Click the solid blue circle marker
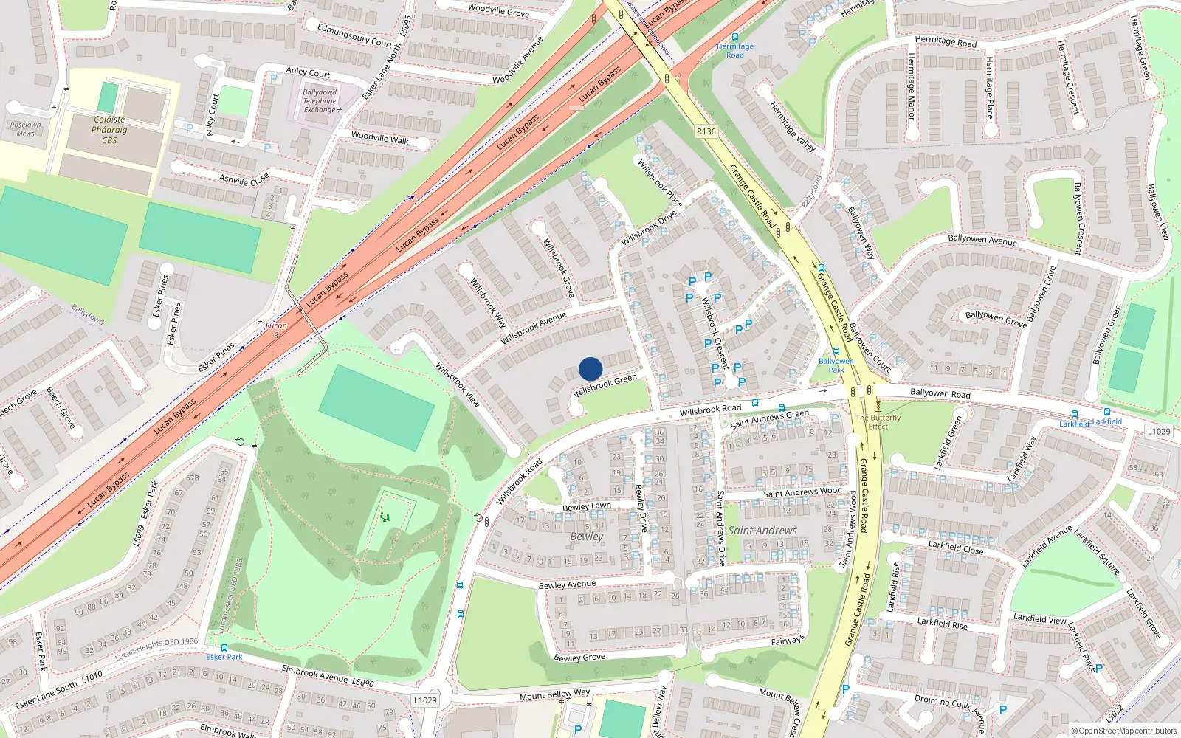(x=590, y=368)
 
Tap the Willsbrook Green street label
(x=605, y=385)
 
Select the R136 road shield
(x=706, y=131)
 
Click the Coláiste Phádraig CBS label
(x=109, y=130)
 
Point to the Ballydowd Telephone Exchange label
(x=320, y=101)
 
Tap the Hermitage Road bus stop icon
(x=734, y=37)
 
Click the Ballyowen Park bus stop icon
(x=836, y=352)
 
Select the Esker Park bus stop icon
(x=224, y=647)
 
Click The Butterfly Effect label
(x=878, y=421)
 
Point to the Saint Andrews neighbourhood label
(x=762, y=530)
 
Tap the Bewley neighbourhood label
(x=586, y=537)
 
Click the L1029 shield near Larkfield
(x=1159, y=431)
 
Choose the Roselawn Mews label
(x=26, y=129)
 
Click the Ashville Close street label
(x=244, y=179)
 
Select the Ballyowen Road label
(x=940, y=393)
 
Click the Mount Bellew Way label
(x=554, y=694)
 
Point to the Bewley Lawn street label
(x=586, y=506)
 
